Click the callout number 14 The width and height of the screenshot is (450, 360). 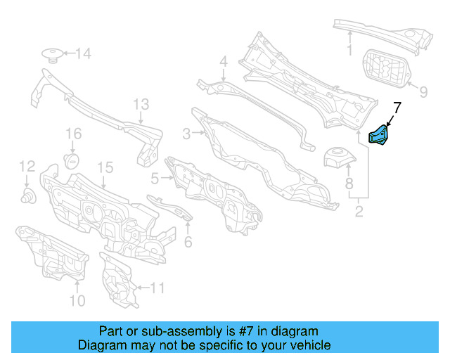pos(83,53)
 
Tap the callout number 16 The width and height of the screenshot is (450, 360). pos(74,134)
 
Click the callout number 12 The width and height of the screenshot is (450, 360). pos(27,167)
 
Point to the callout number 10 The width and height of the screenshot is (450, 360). pos(77,300)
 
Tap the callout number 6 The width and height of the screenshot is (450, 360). pos(188,242)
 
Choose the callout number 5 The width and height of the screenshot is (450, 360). pos(155,179)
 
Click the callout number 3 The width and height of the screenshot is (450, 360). pos(186,134)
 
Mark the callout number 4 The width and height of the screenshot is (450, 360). pos(223,62)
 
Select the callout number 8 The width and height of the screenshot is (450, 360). pos(348,185)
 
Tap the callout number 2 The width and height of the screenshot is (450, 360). pos(359,210)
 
